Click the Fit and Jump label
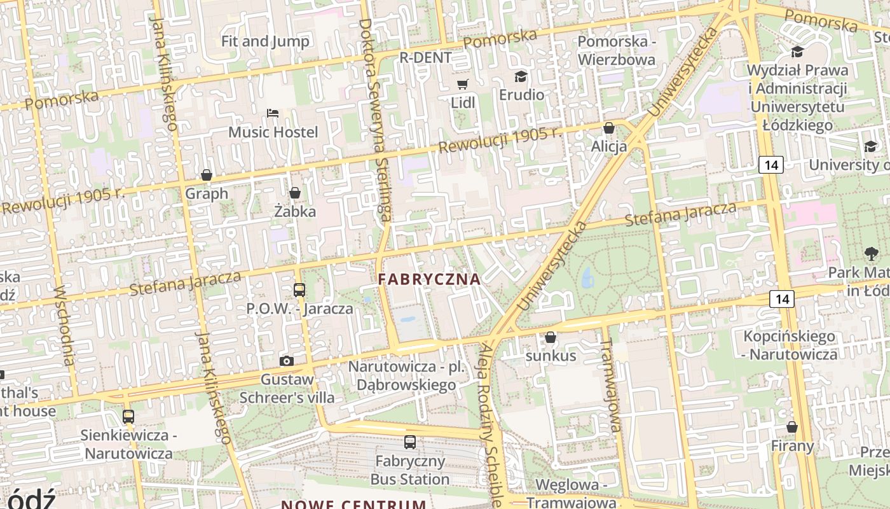265,41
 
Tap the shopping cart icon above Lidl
463,84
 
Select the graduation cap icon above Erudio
521,77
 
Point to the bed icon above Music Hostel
273,113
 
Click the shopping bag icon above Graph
207,174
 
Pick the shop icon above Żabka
295,192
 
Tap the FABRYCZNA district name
429,279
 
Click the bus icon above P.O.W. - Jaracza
299,290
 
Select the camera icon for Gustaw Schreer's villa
287,361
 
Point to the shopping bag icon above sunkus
551,337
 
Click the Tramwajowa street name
611,386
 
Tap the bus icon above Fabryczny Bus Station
410,442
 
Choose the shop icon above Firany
792,427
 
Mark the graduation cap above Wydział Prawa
797,52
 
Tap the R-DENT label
425,58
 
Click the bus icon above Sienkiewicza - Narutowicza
128,417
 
